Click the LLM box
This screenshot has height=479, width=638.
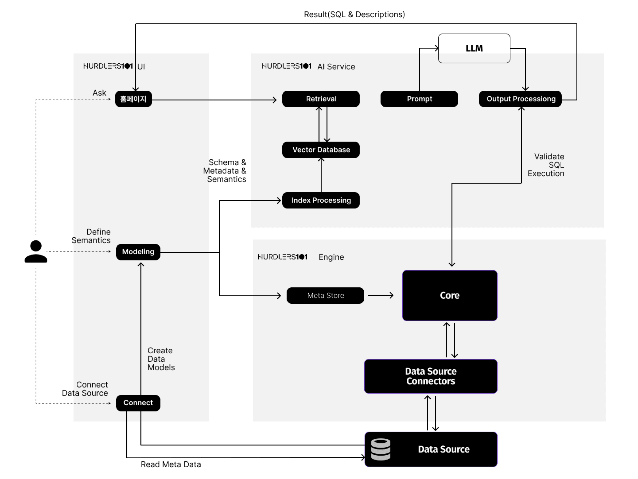coord(474,48)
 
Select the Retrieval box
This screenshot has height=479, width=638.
coord(321,99)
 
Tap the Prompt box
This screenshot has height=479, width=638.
coord(419,99)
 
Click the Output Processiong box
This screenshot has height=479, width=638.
coord(520,99)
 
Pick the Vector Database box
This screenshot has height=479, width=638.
coord(321,150)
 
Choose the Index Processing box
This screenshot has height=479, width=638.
coord(321,200)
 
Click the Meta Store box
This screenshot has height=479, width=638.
coord(325,295)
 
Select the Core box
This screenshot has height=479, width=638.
coord(449,295)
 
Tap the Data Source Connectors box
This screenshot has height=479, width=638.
coord(430,376)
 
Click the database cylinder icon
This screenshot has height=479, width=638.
coord(380,449)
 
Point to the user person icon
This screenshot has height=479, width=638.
coord(36,251)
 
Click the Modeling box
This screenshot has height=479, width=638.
coord(138,252)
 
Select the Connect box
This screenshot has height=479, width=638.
coord(138,403)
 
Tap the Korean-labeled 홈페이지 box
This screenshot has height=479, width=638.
coord(133,99)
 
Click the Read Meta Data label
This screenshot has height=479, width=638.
coord(170,464)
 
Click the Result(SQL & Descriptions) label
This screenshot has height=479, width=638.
coord(354,14)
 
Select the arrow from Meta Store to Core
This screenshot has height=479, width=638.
coord(381,295)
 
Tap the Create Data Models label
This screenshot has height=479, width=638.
coord(161,359)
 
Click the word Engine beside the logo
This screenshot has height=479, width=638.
coord(331,257)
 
